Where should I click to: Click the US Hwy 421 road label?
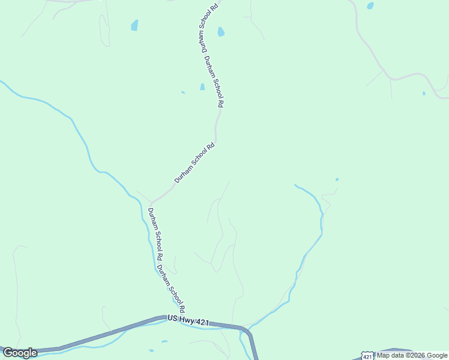coord(188,321)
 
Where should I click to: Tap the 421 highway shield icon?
coord(367,355)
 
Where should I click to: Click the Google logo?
coord(20,353)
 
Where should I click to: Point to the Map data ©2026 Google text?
coord(412,355)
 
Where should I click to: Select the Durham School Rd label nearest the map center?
coord(194,163)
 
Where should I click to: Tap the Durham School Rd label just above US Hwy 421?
coord(170,287)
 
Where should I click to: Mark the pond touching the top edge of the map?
coord(370,5)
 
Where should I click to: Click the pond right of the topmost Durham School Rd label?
coord(221,32)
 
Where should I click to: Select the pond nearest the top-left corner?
coord(134,25)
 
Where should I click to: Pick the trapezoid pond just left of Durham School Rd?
coord(202,87)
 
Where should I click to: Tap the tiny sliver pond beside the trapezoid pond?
coord(183,92)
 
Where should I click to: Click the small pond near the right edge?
coord(424,93)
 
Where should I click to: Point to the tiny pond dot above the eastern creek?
coord(337,179)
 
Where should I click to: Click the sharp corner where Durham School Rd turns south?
coord(151,203)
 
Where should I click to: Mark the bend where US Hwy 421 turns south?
coord(247,331)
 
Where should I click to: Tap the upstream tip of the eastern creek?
coord(295,185)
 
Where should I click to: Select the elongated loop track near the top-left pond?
coord(104,30)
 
